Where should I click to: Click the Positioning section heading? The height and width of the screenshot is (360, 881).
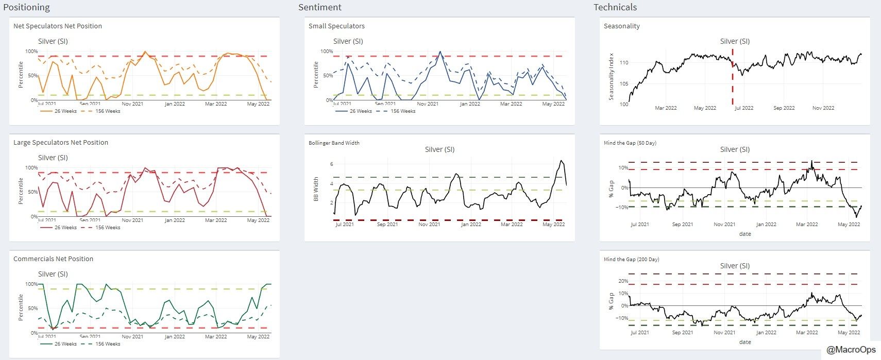27,7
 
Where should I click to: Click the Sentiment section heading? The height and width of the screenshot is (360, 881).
319,7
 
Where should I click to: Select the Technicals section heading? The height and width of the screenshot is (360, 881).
615,7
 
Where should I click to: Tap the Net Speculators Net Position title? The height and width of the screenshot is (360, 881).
58,26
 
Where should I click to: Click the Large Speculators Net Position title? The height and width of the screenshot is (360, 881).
61,143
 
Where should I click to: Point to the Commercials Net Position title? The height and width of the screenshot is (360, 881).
53,259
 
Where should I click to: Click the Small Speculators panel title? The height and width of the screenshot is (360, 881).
336,26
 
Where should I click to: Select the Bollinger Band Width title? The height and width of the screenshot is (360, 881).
334,143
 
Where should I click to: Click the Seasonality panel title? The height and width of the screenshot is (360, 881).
621,26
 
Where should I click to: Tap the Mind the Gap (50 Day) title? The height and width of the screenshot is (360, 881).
630,143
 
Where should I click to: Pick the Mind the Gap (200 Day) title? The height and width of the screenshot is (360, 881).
631,260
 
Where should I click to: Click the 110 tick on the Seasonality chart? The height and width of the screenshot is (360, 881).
623,63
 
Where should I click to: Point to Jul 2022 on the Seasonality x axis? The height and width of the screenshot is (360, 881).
743,108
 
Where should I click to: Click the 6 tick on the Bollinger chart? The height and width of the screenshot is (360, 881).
331,164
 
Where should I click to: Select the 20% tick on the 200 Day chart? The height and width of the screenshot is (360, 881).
623,281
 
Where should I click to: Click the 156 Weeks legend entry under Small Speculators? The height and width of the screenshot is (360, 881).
402,111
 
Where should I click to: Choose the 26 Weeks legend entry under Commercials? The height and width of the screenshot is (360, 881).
65,344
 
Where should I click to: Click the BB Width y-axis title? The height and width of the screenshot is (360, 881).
316,189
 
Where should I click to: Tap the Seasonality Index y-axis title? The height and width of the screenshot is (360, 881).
612,77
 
